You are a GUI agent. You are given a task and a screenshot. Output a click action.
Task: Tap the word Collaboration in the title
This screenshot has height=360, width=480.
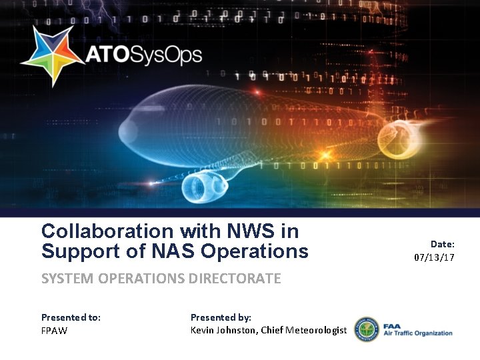coord(106,231)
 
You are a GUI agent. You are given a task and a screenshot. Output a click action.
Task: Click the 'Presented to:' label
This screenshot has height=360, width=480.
coord(71,317)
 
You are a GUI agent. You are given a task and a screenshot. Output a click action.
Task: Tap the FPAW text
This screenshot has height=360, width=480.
coord(54,330)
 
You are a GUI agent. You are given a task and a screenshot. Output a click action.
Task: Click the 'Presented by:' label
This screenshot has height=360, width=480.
coord(221,317)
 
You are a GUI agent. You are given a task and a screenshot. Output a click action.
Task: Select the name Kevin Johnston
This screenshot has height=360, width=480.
coord(223,330)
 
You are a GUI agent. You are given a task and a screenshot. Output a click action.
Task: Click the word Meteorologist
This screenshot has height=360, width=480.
coord(316,330)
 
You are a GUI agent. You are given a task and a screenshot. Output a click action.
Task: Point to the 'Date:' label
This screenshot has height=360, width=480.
coord(442,245)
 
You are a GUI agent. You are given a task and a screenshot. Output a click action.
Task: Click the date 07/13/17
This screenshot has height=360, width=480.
coord(434,257)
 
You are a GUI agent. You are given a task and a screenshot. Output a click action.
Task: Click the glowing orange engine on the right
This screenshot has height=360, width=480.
coord(398,137)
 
